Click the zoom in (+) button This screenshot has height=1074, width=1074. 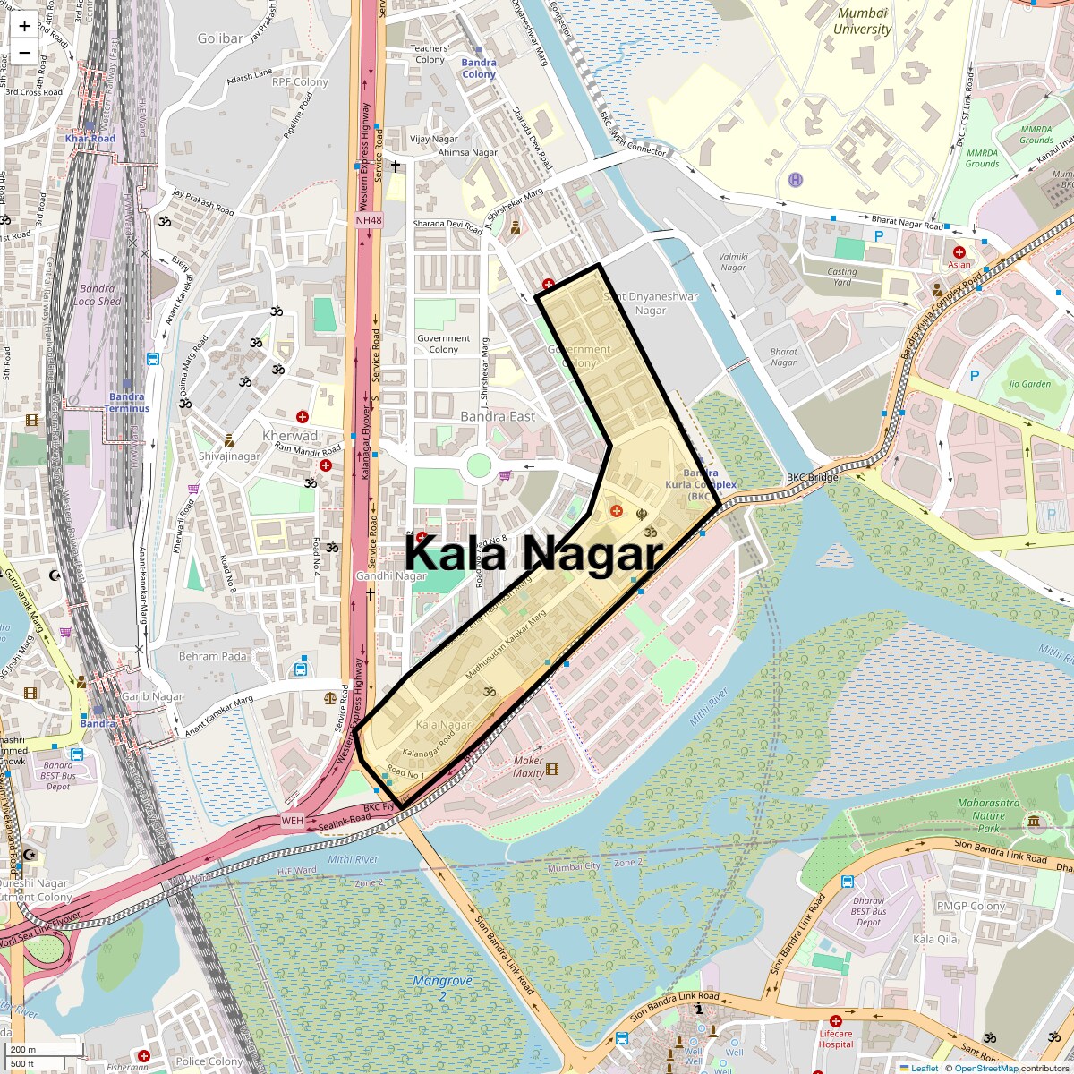[x=24, y=26]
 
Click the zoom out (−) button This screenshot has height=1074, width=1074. [x=24, y=52]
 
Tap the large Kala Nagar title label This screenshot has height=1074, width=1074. [x=533, y=553]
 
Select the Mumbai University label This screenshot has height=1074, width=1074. [x=862, y=21]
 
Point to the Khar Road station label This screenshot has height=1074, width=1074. [x=90, y=139]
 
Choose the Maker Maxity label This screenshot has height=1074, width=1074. [x=528, y=767]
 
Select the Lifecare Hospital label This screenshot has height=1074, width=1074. [x=836, y=1039]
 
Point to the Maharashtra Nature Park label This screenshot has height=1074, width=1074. [x=988, y=815]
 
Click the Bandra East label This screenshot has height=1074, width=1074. [x=498, y=417]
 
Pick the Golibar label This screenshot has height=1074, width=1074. [x=219, y=38]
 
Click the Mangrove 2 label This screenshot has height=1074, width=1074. [x=442, y=988]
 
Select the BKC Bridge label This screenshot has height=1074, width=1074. [x=808, y=478]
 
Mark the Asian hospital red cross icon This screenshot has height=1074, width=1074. [x=959, y=252]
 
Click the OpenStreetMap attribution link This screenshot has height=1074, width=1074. [x=985, y=1068]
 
